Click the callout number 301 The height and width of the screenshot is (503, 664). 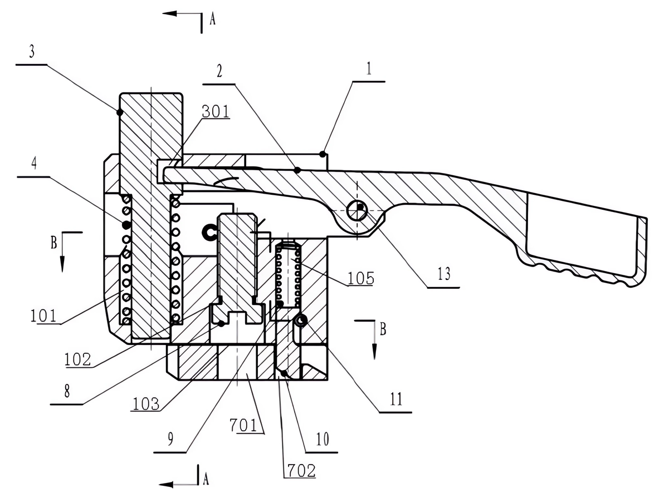coord(216,111)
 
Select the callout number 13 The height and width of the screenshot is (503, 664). coord(444,274)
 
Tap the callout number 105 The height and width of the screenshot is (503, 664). coord(361,278)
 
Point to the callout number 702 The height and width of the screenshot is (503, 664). coord(301,470)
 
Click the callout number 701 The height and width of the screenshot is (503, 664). coord(243,425)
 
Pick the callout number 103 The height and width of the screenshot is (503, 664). coord(146,404)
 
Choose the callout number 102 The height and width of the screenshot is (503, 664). coord(77,359)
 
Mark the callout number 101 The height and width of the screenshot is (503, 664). coord(43,315)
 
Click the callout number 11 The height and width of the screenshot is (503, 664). coord(396,398)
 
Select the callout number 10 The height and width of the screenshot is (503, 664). coord(323,439)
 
